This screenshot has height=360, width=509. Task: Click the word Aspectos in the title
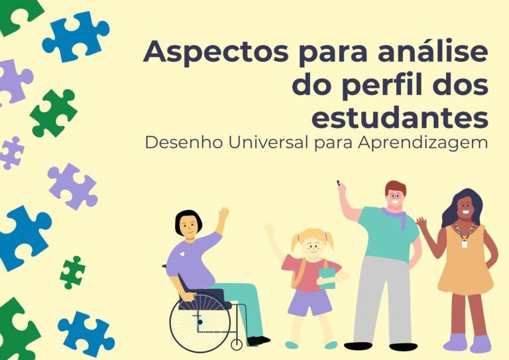pyautogui.click(x=215, y=52)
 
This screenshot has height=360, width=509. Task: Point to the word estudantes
pyautogui.click(x=400, y=116)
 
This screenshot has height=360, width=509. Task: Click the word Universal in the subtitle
pyautogui.click(x=268, y=142)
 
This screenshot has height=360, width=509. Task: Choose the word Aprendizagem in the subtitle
pyautogui.click(x=423, y=143)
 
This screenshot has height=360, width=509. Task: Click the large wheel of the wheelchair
pyautogui.click(x=200, y=322)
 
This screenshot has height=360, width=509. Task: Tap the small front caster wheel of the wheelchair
pyautogui.click(x=237, y=344)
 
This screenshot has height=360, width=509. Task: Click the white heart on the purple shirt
pyautogui.click(x=183, y=254)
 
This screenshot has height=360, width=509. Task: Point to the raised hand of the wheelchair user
pyautogui.click(x=223, y=214)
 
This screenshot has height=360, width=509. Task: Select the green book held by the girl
pyautogui.click(x=327, y=278)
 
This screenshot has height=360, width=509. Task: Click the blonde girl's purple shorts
pyautogui.click(x=310, y=302)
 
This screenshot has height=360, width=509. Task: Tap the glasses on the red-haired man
pyautogui.click(x=395, y=196)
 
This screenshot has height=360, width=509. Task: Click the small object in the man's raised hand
pyautogui.click(x=338, y=182)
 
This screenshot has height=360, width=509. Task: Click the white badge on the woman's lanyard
pyautogui.click(x=465, y=244)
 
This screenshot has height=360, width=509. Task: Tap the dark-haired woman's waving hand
pyautogui.click(x=422, y=223)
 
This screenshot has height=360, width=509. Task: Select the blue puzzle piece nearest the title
pyautogui.click(x=76, y=36)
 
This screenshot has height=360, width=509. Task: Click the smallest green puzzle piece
pyautogui.click(x=73, y=272)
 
